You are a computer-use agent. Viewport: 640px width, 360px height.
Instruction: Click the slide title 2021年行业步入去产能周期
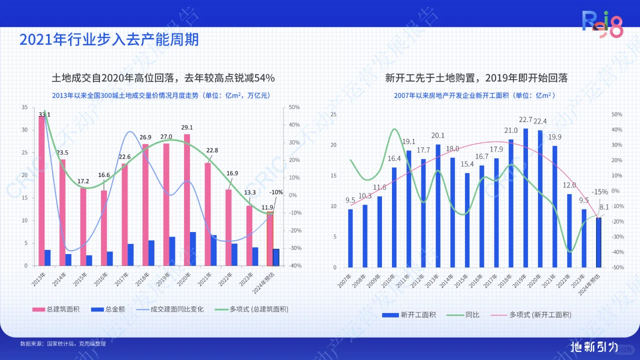point(109,39)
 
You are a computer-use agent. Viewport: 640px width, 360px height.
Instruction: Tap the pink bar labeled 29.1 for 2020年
point(187,200)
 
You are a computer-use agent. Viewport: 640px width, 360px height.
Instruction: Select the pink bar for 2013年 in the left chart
point(41,190)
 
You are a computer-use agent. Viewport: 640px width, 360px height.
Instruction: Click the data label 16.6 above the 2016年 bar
point(104,175)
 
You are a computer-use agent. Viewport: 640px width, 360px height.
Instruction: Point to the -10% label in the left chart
point(275,192)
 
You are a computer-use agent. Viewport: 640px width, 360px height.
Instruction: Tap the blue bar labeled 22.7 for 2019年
point(525,197)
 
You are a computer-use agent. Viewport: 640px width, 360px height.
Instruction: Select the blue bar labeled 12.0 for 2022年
point(569,230)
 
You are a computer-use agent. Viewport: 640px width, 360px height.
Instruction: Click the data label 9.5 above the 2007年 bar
point(350,200)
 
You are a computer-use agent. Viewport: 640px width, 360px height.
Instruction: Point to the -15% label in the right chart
point(599,192)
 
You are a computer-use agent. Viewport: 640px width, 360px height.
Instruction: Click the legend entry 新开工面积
point(408,314)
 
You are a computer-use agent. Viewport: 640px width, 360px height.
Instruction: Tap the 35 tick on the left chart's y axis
point(24,107)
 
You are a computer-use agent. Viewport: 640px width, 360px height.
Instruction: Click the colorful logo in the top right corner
point(603,25)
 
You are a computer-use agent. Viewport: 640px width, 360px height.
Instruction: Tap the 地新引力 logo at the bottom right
point(594,346)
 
